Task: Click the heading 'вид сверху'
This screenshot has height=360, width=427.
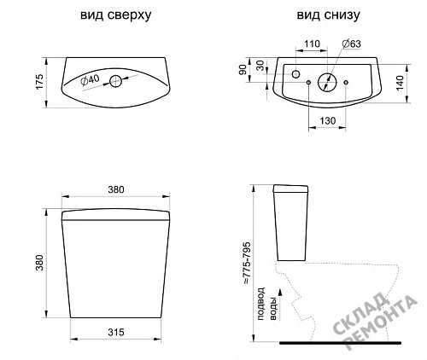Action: click(116, 15)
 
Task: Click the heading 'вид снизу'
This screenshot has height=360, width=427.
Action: click(328, 15)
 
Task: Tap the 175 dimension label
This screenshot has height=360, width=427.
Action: click(39, 82)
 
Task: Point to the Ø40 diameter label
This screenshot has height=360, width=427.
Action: click(90, 80)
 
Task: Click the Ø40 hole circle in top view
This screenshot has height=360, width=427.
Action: click(116, 81)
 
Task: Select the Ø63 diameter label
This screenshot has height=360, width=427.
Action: click(352, 44)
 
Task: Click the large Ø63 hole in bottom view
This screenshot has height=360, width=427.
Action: click(327, 82)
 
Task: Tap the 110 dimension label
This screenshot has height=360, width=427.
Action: click(312, 44)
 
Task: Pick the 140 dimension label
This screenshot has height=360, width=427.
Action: click(400, 83)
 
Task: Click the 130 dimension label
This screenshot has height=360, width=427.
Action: click(328, 121)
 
